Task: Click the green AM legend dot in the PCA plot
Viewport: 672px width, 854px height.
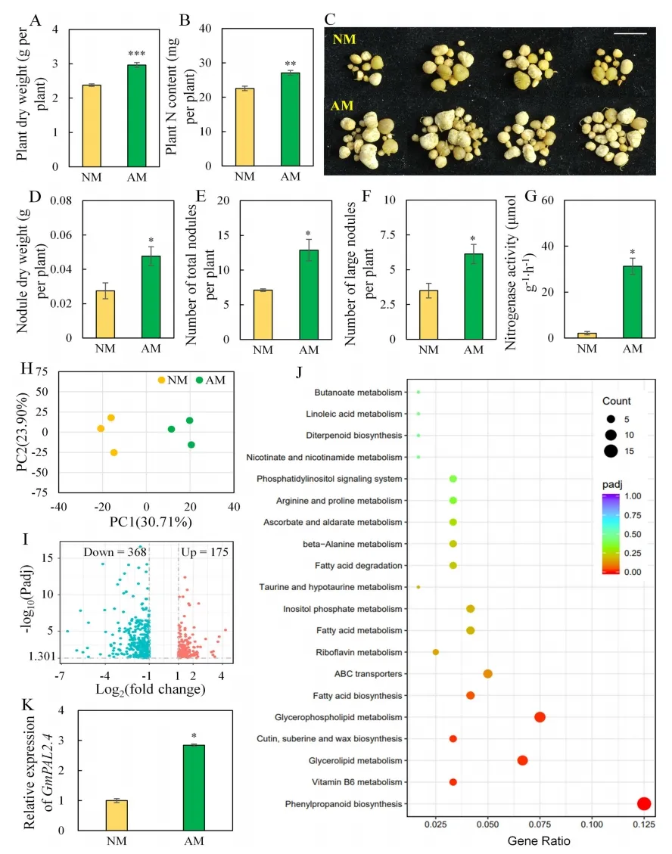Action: coord(201,380)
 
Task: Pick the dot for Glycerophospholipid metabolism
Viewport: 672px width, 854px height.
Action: coord(540,717)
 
